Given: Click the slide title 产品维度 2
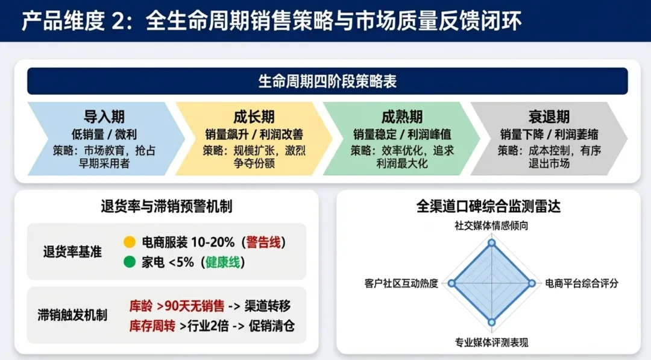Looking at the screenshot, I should pyautogui.click(x=271, y=21).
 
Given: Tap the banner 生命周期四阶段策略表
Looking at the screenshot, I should pyautogui.click(x=327, y=81).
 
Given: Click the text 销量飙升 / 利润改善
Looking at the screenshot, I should pyautogui.click(x=254, y=134).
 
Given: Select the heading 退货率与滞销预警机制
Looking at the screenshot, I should pyautogui.click(x=166, y=207).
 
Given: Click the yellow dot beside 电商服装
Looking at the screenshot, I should pyautogui.click(x=129, y=242).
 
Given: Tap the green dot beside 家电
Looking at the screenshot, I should pyautogui.click(x=129, y=262).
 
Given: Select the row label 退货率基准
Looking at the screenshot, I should pyautogui.click(x=72, y=252).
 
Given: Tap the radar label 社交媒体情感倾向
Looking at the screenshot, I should pyautogui.click(x=492, y=226).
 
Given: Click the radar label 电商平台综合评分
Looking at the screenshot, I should pyautogui.click(x=581, y=283).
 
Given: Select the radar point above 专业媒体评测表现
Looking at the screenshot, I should pyautogui.click(x=492, y=322).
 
